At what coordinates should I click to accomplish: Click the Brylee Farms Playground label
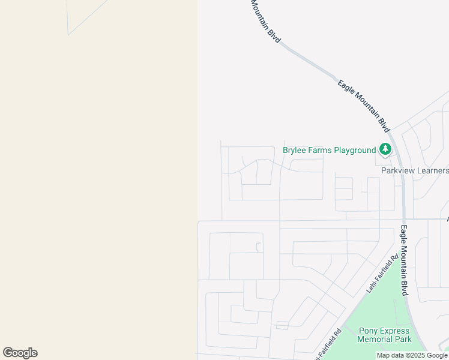click(x=329, y=150)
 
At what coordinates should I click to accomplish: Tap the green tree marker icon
click(x=385, y=149)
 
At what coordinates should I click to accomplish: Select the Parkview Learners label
click(x=415, y=170)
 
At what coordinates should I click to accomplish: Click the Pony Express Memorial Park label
click(x=384, y=335)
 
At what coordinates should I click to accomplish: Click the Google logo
click(x=20, y=353)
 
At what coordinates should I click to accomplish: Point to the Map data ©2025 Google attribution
click(x=412, y=356)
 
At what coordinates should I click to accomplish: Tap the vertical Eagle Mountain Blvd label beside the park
click(x=404, y=260)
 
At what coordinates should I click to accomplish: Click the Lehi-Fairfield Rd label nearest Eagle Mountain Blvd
click(x=382, y=274)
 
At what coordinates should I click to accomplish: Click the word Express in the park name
click(x=395, y=331)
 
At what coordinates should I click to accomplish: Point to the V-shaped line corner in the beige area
click(x=68, y=34)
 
